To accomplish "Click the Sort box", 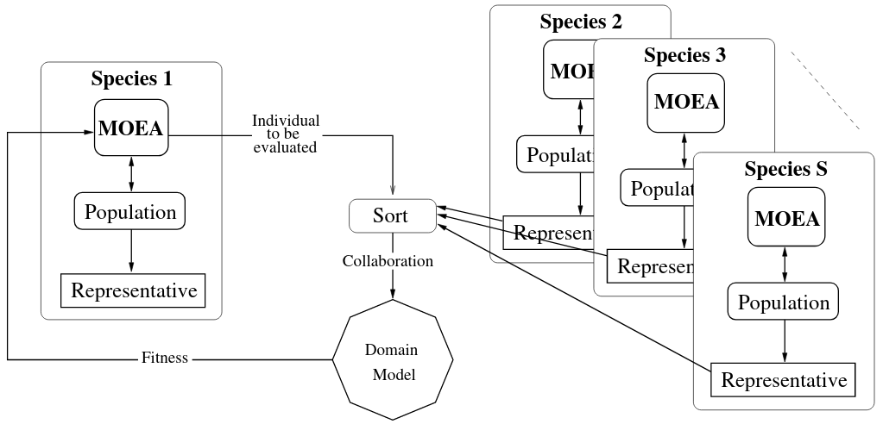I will tap(392, 215).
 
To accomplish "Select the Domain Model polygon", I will tap(393, 362).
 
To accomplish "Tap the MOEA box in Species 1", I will tap(130, 130).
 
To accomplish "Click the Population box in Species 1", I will tap(130, 211).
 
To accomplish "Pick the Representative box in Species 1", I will tap(134, 290).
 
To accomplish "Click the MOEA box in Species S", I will tap(785, 218).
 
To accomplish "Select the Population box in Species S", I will tap(784, 302).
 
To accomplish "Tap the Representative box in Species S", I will tap(784, 379).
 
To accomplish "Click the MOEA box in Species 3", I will tap(686, 101).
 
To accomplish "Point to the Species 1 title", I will tap(131, 80).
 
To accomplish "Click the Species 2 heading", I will tap(580, 22).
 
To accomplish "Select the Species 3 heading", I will tap(684, 56).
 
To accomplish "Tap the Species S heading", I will tap(785, 170).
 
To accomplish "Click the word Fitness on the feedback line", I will tap(164, 358).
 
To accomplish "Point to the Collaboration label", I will tap(388, 261).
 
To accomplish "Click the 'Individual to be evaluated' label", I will tap(286, 134).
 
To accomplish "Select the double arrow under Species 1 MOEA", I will tap(130, 173).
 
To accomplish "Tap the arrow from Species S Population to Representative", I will tap(784, 341).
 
